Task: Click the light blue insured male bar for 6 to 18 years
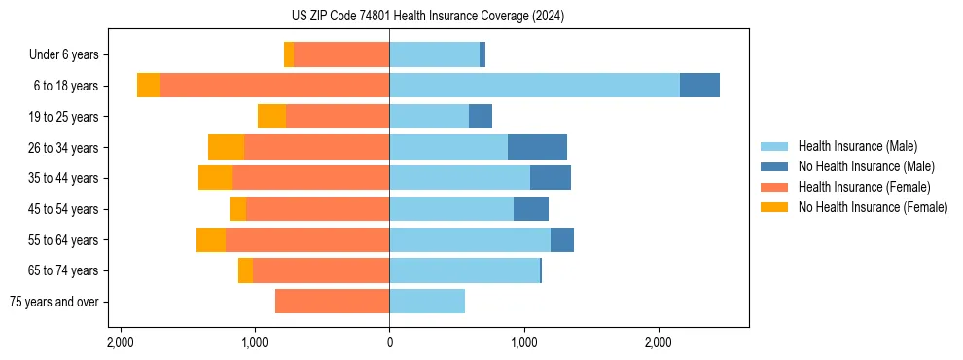[534, 86]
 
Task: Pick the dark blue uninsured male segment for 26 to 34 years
[537, 147]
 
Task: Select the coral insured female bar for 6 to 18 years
[274, 86]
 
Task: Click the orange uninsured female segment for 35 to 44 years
[215, 178]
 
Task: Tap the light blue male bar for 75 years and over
[427, 302]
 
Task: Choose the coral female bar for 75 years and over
[332, 302]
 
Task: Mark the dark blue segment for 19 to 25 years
[481, 117]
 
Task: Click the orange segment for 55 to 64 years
[211, 239]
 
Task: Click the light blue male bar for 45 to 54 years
[451, 209]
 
